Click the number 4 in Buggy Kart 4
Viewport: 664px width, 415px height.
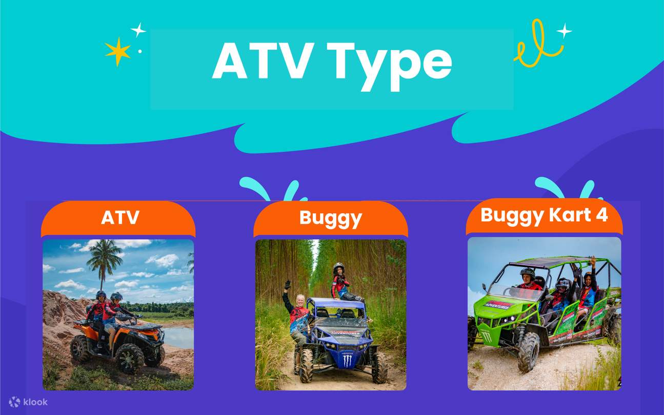click(x=602, y=215)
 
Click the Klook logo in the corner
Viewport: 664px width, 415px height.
click(x=28, y=402)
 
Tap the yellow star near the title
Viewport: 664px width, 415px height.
click(x=117, y=51)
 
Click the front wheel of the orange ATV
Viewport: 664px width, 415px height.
click(x=128, y=357)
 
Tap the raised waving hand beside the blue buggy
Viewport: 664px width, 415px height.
click(x=288, y=284)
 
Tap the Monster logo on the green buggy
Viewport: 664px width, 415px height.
click(x=486, y=336)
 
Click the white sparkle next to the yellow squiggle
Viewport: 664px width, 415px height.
click(x=564, y=30)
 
